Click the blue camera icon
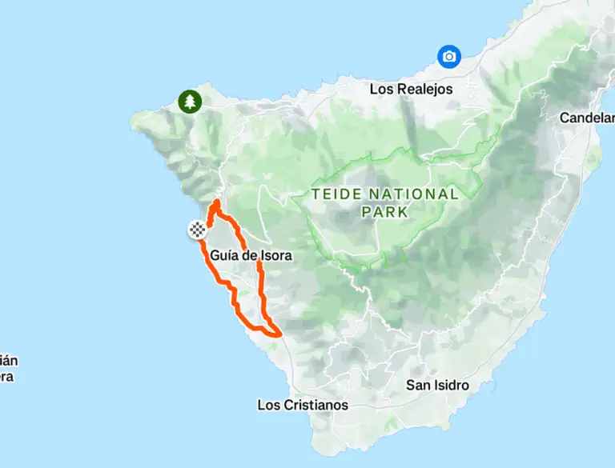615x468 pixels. click(449, 56)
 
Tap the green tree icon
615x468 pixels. click(190, 102)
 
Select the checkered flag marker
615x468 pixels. click(196, 230)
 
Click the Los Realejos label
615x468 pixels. click(411, 89)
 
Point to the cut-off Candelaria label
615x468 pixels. click(587, 118)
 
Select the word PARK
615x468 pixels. click(384, 212)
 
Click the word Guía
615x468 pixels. click(226, 256)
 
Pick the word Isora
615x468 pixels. click(275, 256)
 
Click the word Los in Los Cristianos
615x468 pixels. click(267, 405)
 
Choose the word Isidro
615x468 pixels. click(450, 385)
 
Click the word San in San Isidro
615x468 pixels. click(418, 385)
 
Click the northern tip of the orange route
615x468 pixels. click(216, 202)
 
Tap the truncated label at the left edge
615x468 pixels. click(6, 369)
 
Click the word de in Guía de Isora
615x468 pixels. click(249, 256)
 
